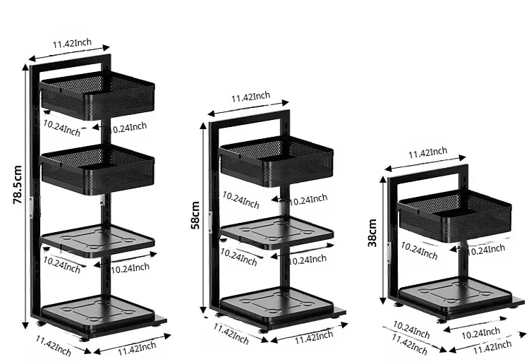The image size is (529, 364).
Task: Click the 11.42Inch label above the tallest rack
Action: click(72, 43)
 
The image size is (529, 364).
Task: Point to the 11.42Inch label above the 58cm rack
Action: click(250, 97)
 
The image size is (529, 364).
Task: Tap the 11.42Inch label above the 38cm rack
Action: click(427, 152)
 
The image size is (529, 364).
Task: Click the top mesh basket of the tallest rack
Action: click(97, 97)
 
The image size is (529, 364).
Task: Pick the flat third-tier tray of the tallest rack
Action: click(97, 241)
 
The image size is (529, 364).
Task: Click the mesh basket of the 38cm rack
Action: click(454, 216)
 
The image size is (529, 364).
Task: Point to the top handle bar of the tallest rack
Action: click(71, 61)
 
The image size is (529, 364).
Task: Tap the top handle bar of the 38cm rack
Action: click(427, 169)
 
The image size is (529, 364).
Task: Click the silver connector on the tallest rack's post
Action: click(40, 204)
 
